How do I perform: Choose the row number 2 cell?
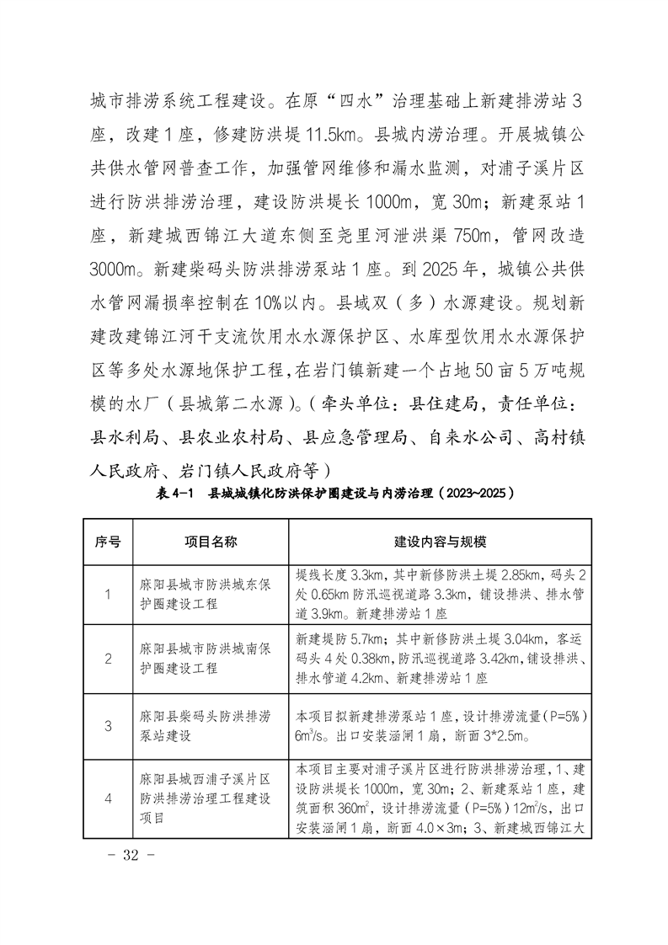click(x=108, y=659)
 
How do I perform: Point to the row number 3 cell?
click(x=108, y=725)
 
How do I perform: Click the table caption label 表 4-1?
click(x=174, y=493)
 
